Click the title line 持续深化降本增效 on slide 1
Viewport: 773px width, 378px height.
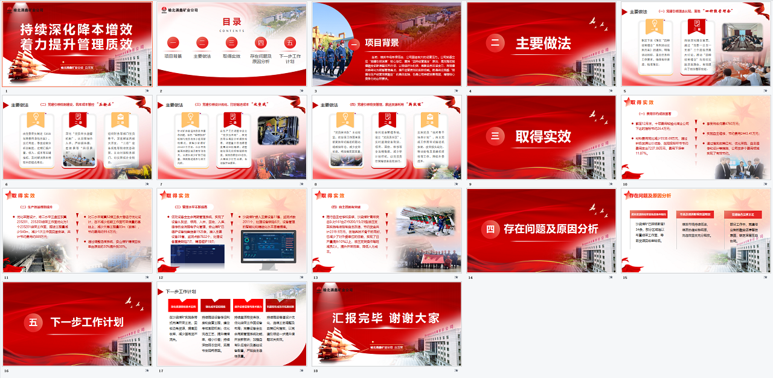[x=77, y=30]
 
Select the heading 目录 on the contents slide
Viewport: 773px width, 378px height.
[x=232, y=22]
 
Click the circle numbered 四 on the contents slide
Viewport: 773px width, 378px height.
[x=261, y=43]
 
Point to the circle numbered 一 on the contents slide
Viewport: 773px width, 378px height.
[x=173, y=43]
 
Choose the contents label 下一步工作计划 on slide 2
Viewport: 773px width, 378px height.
[x=290, y=58]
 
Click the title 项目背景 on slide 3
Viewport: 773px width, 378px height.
[x=382, y=43]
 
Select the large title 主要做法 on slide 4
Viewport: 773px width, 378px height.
[x=543, y=43]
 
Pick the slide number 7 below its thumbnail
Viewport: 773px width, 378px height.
[x=160, y=184]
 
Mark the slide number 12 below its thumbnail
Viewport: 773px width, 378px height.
[x=161, y=278]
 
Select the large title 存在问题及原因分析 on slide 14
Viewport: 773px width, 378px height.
[x=551, y=229]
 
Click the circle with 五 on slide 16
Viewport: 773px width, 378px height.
[x=33, y=322]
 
